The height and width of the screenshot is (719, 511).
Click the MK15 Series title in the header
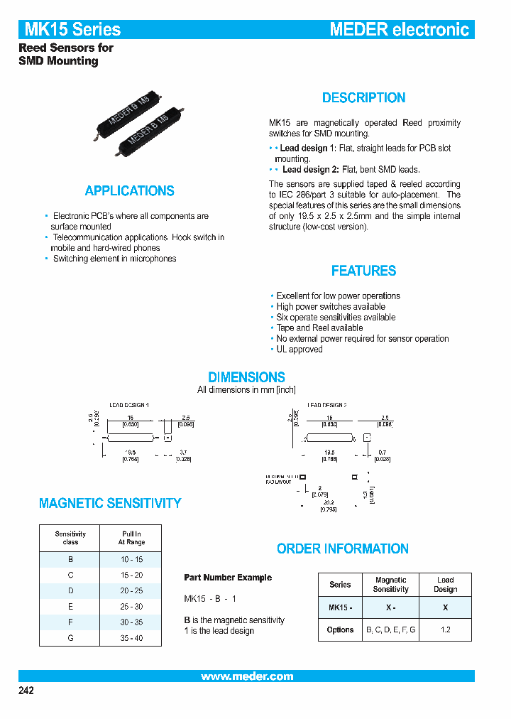pyautogui.click(x=72, y=29)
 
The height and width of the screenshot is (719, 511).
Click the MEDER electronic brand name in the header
pyautogui.click(x=400, y=29)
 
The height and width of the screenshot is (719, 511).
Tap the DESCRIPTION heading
pyautogui.click(x=363, y=98)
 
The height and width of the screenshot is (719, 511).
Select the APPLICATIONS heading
pyautogui.click(x=129, y=190)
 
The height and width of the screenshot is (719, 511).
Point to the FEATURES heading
pyautogui.click(x=363, y=271)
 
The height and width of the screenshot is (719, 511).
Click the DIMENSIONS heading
pyautogui.click(x=246, y=377)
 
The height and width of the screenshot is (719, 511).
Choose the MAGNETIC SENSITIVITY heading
pyautogui.click(x=110, y=503)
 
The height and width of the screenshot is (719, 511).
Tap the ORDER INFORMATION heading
pyautogui.click(x=342, y=548)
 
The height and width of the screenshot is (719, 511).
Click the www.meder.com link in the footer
pyautogui.click(x=246, y=676)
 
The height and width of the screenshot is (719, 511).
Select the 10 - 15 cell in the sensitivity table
pyautogui.click(x=131, y=560)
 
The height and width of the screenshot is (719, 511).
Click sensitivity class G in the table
pyautogui.click(x=70, y=638)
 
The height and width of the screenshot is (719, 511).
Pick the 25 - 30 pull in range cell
pyautogui.click(x=131, y=607)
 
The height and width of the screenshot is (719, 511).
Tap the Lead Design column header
pyautogui.click(x=445, y=585)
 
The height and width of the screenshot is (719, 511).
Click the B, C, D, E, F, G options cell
pyautogui.click(x=390, y=629)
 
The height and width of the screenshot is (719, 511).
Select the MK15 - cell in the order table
pyautogui.click(x=340, y=607)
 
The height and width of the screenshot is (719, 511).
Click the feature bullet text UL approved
pyautogui.click(x=299, y=350)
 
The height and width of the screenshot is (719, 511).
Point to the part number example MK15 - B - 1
pyautogui.click(x=210, y=599)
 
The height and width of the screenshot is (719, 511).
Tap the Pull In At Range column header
pyautogui.click(x=131, y=538)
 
